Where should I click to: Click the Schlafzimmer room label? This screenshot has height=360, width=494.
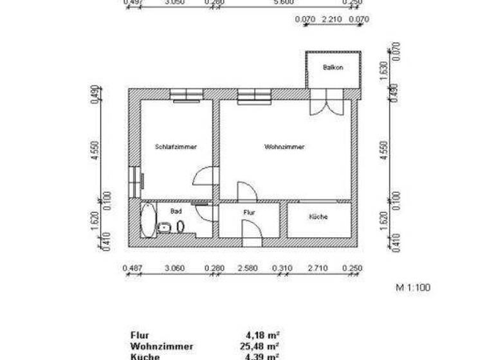(176, 147)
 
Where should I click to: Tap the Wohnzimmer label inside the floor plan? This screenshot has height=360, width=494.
(284, 147)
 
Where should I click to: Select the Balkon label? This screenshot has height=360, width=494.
(333, 67)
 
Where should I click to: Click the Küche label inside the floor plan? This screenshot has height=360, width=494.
(318, 217)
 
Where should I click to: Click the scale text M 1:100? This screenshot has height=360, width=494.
(412, 287)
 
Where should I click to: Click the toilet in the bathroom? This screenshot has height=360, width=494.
(181, 226)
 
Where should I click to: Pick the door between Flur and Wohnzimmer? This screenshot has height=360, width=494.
(247, 192)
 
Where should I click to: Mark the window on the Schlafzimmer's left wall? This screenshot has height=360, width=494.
(135, 183)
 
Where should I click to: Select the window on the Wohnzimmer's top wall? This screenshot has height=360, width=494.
(253, 96)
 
